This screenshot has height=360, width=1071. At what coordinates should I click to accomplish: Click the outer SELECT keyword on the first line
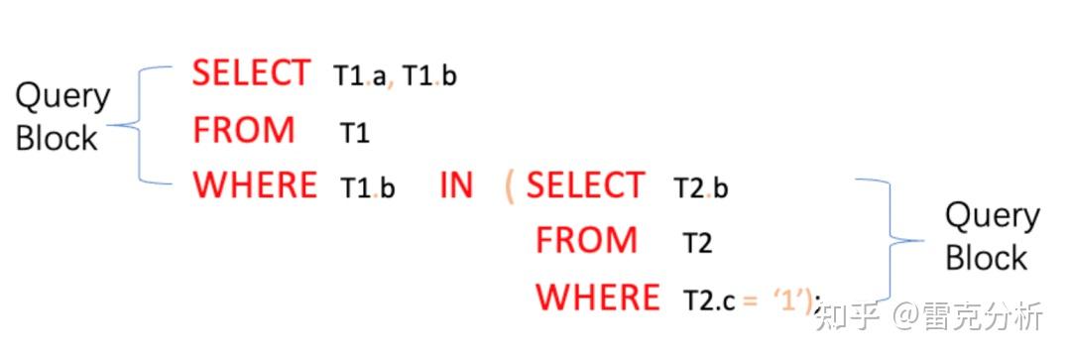coord(251,73)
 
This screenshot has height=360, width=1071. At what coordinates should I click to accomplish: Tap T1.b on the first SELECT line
coord(429,76)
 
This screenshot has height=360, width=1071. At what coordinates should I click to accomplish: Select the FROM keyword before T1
coord(244,130)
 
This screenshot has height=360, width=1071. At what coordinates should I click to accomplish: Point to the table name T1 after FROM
coord(354,133)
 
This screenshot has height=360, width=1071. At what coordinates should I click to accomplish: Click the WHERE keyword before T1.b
coord(255,185)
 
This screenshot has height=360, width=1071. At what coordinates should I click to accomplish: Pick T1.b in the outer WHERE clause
coord(367,187)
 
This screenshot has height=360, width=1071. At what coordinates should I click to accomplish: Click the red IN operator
coord(456,185)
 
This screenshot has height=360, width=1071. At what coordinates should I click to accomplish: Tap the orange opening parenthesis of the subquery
coord(510,186)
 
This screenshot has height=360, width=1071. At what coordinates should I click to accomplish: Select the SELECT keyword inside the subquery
coord(585,185)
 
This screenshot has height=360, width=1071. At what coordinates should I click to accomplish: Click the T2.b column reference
coord(700,187)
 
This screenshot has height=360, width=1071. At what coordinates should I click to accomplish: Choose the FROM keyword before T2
coord(586,240)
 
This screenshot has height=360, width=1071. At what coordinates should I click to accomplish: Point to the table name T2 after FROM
coord(697,243)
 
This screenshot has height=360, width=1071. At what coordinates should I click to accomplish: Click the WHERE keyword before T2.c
coord(597,297)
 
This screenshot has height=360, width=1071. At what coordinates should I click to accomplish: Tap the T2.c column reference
coord(708,299)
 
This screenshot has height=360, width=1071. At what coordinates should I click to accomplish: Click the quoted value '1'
coord(787,298)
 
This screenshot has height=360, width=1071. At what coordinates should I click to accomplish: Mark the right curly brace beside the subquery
coord(892,238)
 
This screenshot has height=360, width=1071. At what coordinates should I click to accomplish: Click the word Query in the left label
coord(62,96)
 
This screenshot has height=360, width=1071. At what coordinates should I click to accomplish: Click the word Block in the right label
coord(986,259)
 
